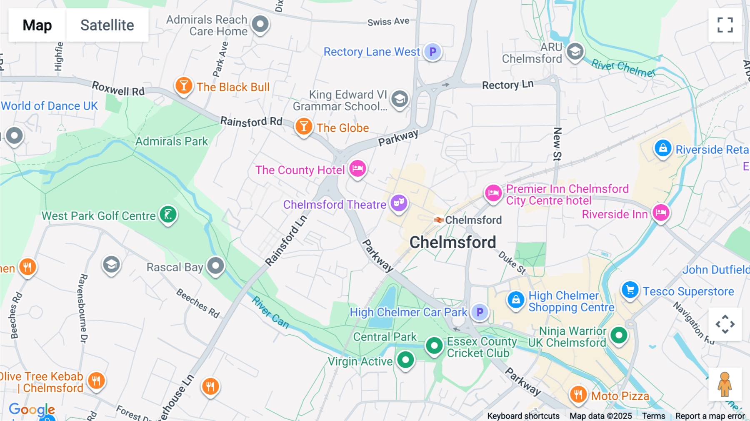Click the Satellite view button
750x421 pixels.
pos(107,25)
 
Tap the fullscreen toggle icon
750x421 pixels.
pos(725,25)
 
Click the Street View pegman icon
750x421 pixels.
pos(725,384)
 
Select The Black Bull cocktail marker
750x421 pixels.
pos(184,86)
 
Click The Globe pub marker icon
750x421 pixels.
pos(304,126)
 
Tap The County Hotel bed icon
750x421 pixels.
pos(357,169)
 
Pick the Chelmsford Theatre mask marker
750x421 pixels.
pos(399,203)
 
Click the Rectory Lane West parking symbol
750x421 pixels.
pos(433,52)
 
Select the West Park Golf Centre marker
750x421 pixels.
pos(168,215)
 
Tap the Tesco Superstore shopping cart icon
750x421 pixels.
pos(630,290)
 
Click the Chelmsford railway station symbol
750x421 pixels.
pos(438,220)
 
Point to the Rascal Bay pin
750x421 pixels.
pos(215,266)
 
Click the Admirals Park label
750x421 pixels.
pos(172,142)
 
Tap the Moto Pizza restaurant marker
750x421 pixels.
pos(578,393)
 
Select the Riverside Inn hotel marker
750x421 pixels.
pos(661,213)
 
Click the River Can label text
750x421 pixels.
pos(270,312)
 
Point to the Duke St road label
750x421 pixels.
pos(512,263)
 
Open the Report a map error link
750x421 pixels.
pos(710,416)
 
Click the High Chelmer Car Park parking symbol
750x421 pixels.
pos(480,312)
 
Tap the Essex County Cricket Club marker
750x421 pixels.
pos(434,346)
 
